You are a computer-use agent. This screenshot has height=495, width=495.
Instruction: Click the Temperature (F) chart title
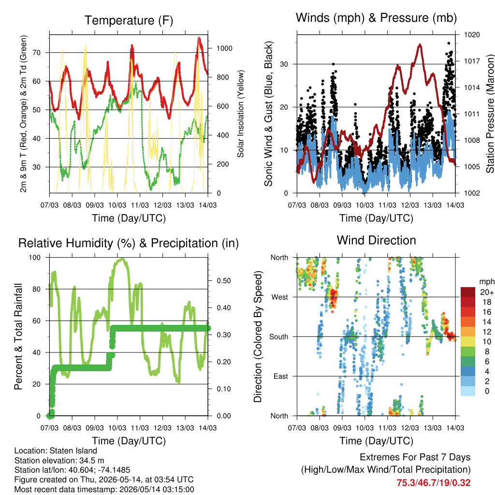[x=129, y=20]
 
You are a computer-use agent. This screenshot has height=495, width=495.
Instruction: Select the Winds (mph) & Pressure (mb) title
[x=376, y=18]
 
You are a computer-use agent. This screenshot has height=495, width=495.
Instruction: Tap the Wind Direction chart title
[x=376, y=240]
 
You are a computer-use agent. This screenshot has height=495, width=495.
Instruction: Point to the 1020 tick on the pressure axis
[x=472, y=35]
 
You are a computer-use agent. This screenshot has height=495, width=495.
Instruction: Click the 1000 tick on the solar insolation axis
[x=224, y=48]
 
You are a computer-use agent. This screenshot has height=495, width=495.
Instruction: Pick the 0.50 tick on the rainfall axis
[x=224, y=281]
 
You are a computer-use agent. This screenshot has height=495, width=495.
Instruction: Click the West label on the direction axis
[x=280, y=297]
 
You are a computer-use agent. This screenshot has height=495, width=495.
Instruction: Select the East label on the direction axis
[x=281, y=376]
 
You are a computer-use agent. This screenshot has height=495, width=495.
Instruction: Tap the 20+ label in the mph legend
[x=487, y=292]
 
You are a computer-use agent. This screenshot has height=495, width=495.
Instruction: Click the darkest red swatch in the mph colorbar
[x=468, y=292]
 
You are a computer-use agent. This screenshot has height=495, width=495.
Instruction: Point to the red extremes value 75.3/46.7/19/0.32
[x=434, y=483]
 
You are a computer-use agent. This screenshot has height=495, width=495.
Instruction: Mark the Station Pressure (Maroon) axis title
[x=490, y=114]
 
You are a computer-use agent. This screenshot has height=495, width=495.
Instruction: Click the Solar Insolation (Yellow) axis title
[x=241, y=114]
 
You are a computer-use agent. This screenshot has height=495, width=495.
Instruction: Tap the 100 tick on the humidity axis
[x=35, y=257]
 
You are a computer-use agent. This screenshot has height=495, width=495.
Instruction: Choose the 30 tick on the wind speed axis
[x=284, y=64]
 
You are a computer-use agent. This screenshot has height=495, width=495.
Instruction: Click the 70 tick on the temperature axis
[x=37, y=52]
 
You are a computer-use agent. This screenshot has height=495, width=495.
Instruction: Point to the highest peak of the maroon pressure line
[x=420, y=45]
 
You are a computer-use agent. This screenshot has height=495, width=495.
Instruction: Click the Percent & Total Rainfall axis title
[x=18, y=336]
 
